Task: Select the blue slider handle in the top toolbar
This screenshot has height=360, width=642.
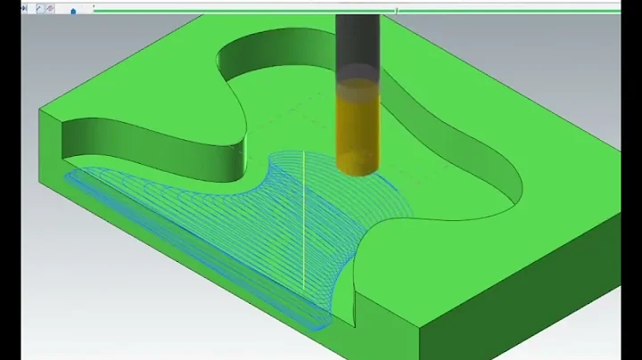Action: coord(72,11)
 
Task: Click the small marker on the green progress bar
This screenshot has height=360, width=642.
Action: coord(397,11)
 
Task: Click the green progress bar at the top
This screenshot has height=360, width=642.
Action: coord(267,11)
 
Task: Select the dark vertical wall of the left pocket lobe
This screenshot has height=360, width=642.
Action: coord(152,147)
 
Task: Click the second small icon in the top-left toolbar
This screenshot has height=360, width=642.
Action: coord(39,8)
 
